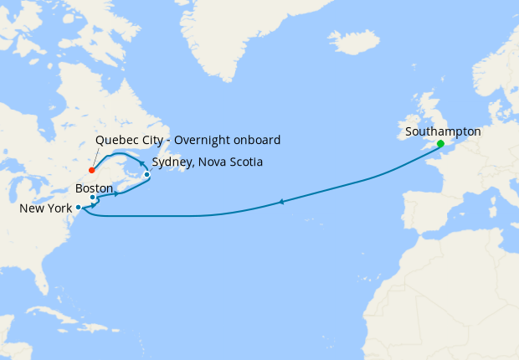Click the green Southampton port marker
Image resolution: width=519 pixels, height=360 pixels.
(x=440, y=143)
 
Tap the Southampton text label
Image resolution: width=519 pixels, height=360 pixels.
(x=443, y=131)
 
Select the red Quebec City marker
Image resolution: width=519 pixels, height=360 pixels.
(x=91, y=170)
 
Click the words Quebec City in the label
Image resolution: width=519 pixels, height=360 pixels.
(x=128, y=139)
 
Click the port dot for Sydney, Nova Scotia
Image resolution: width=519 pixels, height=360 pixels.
(x=147, y=175)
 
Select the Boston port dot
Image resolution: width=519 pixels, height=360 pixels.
(x=93, y=198)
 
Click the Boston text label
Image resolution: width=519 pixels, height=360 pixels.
(x=94, y=188)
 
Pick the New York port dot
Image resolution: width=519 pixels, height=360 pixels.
(x=78, y=207)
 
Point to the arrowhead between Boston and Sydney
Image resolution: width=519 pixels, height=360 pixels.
(x=116, y=195)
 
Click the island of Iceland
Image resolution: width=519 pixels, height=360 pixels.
(x=352, y=41)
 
